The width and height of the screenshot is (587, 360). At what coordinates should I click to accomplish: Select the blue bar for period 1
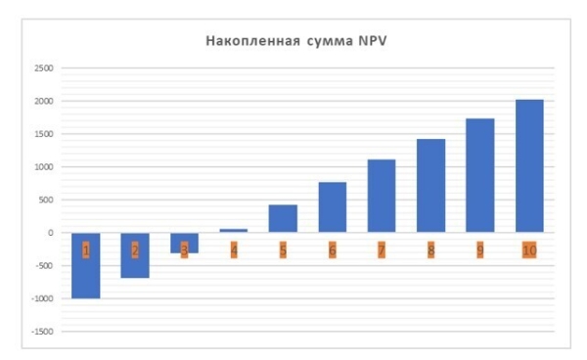click(x=86, y=279)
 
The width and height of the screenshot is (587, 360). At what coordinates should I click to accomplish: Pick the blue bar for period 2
click(x=135, y=266)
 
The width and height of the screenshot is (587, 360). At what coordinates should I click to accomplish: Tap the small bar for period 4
click(x=234, y=230)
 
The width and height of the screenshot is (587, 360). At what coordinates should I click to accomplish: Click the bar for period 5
click(x=283, y=218)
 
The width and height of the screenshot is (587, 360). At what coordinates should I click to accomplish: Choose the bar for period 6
click(x=333, y=206)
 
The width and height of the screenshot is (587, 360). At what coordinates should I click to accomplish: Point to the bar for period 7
click(x=382, y=196)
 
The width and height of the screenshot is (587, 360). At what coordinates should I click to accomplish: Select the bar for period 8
click(x=430, y=186)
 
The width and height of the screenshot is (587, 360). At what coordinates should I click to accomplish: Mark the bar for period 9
click(x=479, y=175)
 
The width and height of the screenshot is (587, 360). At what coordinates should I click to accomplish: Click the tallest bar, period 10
click(x=529, y=165)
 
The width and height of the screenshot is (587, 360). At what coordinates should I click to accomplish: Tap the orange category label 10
click(x=529, y=250)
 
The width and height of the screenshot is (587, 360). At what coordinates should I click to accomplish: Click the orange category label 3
click(x=184, y=250)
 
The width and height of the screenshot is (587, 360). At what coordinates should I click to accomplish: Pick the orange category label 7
click(x=382, y=250)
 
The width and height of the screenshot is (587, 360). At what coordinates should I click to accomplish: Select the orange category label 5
click(x=283, y=250)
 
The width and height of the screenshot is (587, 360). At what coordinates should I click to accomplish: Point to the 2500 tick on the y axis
click(x=44, y=68)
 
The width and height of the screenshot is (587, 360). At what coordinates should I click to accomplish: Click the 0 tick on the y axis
click(x=50, y=233)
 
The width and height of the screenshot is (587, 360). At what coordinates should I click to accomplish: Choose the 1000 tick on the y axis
click(x=44, y=167)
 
